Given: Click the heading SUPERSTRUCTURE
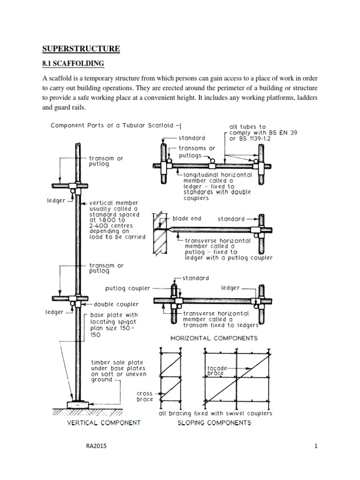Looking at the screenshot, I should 81,49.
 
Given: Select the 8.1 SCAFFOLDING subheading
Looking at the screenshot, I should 73,63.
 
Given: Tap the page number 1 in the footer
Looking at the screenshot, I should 316,446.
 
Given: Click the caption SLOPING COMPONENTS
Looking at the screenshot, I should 215,422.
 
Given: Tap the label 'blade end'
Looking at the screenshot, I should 187,219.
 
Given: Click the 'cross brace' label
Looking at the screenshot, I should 144,397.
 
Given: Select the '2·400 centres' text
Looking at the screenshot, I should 111,225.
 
